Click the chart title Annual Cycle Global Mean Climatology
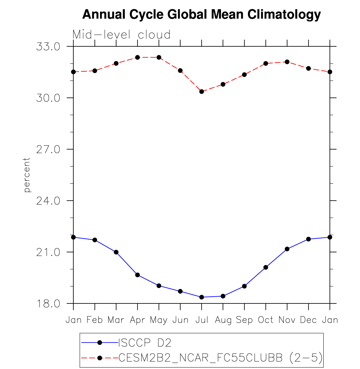pyautogui.click(x=201, y=14)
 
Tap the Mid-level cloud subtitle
pyautogui.click(x=121, y=35)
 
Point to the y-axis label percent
pyautogui.click(x=27, y=175)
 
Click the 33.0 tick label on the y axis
pyautogui.click(x=48, y=47)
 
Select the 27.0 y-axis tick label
pyautogui.click(x=48, y=149)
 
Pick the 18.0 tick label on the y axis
pyautogui.click(x=48, y=304)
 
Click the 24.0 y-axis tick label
pyautogui.click(x=48, y=201)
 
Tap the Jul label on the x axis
pyautogui.click(x=202, y=320)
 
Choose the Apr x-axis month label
pyautogui.click(x=137, y=320)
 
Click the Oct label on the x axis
pyautogui.click(x=266, y=320)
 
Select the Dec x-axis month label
pyautogui.click(x=308, y=320)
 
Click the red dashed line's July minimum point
pyautogui.click(x=201, y=91)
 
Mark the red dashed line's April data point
pyautogui.click(x=138, y=57)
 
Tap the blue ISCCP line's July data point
pyautogui.click(x=201, y=297)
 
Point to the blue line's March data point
pyautogui.click(x=116, y=252)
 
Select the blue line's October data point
pyautogui.click(x=266, y=267)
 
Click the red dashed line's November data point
pyautogui.click(x=287, y=62)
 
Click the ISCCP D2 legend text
pyautogui.click(x=145, y=343)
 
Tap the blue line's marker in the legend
pyautogui.click(x=99, y=342)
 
